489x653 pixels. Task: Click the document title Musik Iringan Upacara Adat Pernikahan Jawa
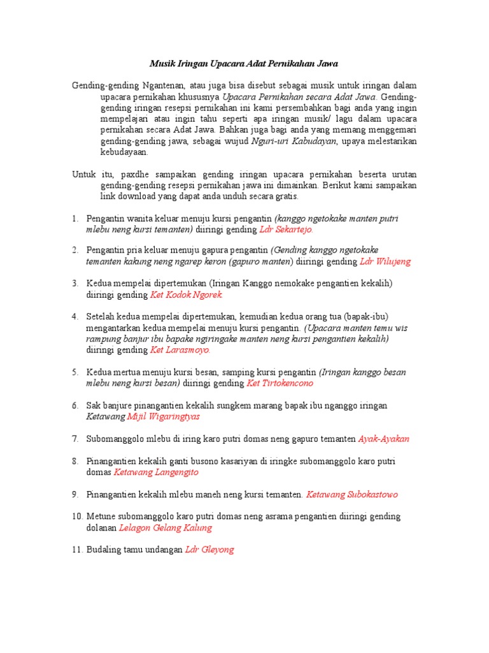click(x=244, y=64)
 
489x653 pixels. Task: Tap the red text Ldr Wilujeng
click(x=385, y=261)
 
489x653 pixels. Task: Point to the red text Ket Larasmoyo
click(x=180, y=350)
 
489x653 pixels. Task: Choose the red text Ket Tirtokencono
click(x=280, y=383)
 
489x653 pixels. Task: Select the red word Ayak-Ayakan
click(x=384, y=439)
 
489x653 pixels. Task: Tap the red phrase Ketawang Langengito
click(x=156, y=472)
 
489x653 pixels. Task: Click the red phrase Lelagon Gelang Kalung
click(x=166, y=528)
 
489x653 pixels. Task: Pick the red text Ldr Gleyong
click(x=209, y=550)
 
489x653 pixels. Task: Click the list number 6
click(x=74, y=406)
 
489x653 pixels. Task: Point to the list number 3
click(x=74, y=283)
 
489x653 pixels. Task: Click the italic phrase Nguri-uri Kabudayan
click(x=294, y=142)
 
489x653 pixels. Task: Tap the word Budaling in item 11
click(x=104, y=550)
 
